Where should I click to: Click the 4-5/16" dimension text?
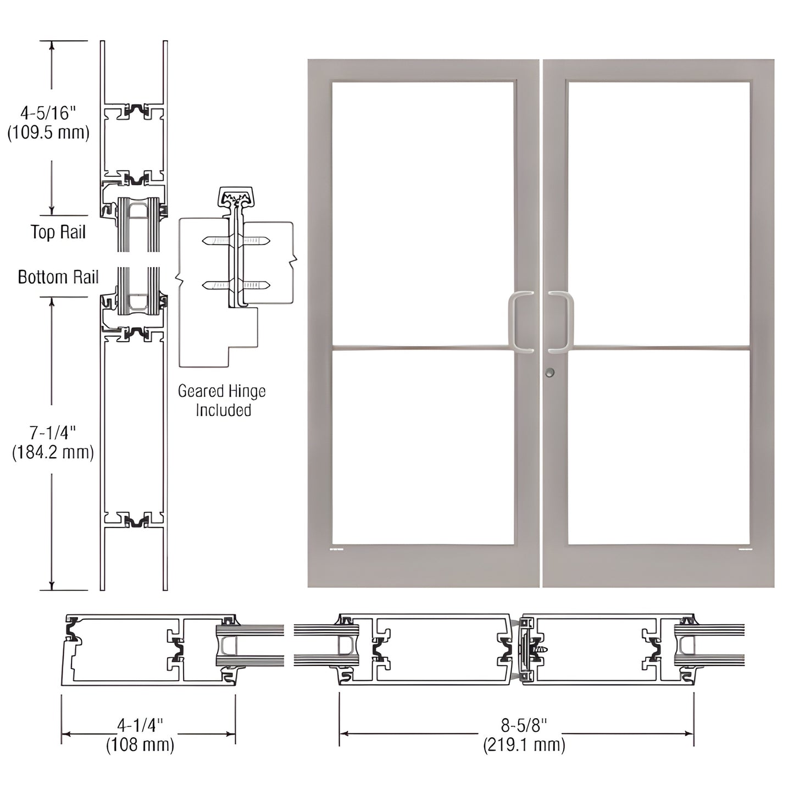pyautogui.click(x=47, y=113)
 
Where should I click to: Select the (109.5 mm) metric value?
pyautogui.click(x=48, y=133)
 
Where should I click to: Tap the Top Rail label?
pyautogui.click(x=58, y=232)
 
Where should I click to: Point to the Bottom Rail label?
pyautogui.click(x=58, y=277)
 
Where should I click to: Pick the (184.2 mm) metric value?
pyautogui.click(x=53, y=452)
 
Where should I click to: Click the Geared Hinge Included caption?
pyautogui.click(x=222, y=401)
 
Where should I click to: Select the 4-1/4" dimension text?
pyautogui.click(x=141, y=725)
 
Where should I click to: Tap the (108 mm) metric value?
pyautogui.click(x=140, y=745)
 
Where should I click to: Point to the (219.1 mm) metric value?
pyautogui.click(x=524, y=745)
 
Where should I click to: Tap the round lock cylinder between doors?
pyautogui.click(x=550, y=373)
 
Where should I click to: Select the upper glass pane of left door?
pyautogui.click(x=423, y=213)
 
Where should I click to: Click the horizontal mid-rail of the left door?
pyautogui.click(x=423, y=348)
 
